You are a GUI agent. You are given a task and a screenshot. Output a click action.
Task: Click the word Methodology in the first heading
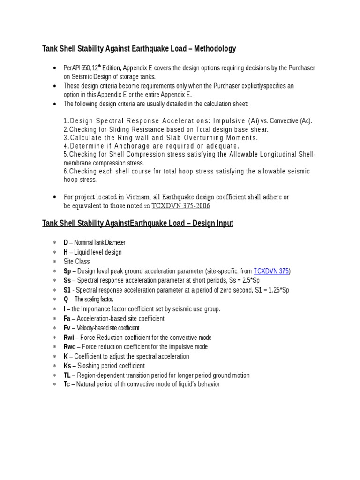click(x=214, y=49)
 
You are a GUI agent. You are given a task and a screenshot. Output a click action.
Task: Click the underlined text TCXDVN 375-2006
click(x=180, y=205)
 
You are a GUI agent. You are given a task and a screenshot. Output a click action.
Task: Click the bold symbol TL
click(x=67, y=375)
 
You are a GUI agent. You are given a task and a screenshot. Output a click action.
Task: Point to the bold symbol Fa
click(x=67, y=318)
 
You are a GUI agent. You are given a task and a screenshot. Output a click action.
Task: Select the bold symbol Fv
click(x=67, y=328)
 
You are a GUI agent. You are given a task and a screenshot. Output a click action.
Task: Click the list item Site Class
click(x=76, y=262)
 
